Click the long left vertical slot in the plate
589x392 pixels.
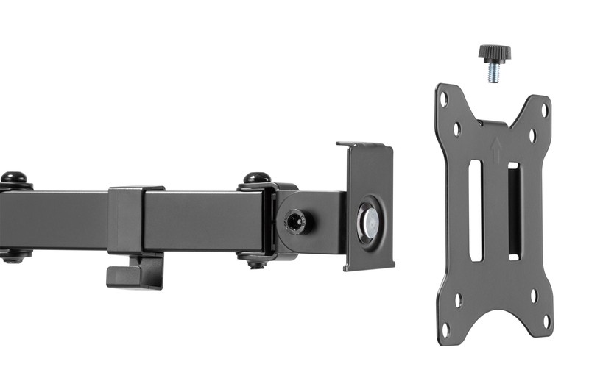click(475, 210)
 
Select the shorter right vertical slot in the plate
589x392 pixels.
click(513, 210)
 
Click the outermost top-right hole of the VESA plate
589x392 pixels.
click(545, 111)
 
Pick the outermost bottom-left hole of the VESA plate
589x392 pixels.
click(445, 328)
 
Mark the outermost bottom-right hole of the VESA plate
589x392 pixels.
click(546, 321)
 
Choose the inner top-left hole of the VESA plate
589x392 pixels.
click(456, 129)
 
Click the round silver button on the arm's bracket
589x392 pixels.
click(366, 220)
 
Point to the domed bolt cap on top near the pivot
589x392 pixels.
click(256, 179)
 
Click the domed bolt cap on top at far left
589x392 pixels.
click(13, 178)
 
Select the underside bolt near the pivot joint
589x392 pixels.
click(255, 260)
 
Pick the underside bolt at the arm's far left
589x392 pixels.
click(14, 257)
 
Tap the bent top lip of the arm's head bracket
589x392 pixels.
click(362, 145)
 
